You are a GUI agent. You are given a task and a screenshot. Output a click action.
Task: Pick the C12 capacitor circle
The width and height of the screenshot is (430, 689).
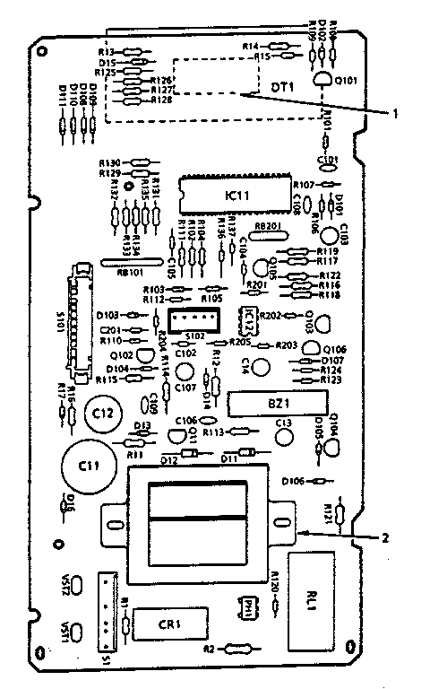click(102, 414)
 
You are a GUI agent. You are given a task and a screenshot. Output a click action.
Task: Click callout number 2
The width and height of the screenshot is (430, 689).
click(384, 538)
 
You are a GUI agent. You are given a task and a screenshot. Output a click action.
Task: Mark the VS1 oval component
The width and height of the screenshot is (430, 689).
click(79, 629)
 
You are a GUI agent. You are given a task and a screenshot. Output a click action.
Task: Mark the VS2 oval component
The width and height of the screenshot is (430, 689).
click(79, 586)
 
